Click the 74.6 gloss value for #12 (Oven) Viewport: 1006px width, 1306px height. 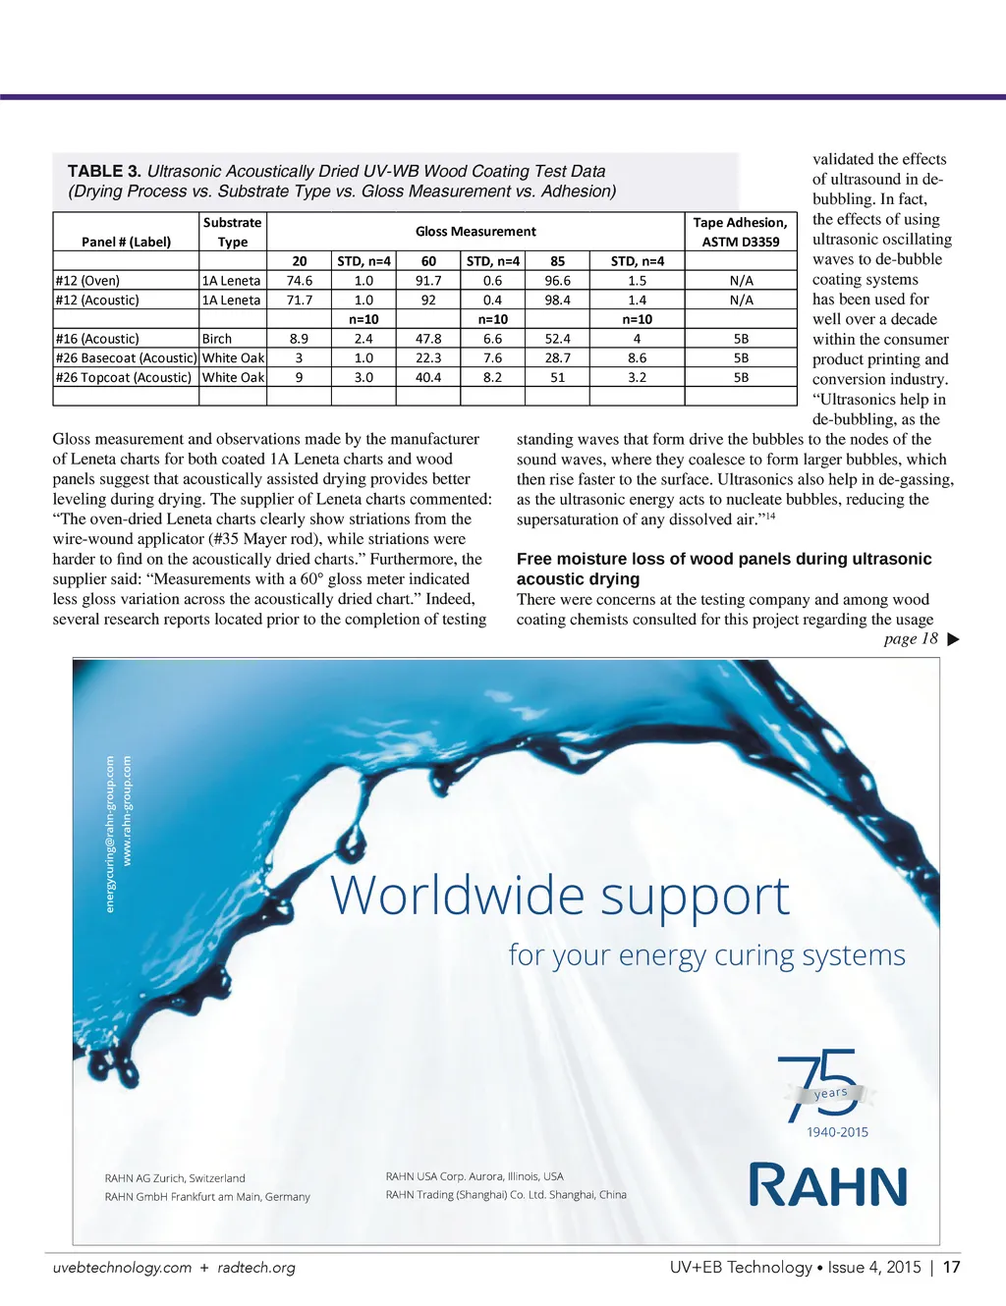click(x=299, y=281)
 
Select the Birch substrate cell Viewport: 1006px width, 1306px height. click(x=217, y=339)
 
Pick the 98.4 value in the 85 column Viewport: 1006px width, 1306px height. click(x=557, y=300)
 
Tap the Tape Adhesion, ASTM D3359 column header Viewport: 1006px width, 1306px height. click(x=740, y=232)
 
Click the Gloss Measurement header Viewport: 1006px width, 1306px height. click(x=475, y=232)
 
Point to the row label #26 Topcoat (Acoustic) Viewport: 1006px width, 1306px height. click(x=124, y=377)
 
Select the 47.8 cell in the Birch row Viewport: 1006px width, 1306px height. click(x=428, y=339)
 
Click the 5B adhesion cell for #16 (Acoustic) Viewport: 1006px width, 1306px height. click(x=741, y=339)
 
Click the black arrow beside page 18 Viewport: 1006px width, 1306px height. click(x=952, y=640)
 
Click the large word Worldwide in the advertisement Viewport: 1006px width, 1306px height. click(x=458, y=896)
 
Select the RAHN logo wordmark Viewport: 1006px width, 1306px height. click(x=828, y=1185)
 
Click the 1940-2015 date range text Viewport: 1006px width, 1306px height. click(x=837, y=1132)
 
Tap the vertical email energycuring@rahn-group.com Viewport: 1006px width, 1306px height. click(x=110, y=833)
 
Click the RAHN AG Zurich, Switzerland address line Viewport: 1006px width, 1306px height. click(x=175, y=1178)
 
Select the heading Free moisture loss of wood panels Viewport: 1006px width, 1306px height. click(x=724, y=560)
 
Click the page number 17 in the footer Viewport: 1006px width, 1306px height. click(x=951, y=1267)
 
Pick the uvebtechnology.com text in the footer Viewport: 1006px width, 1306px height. click(x=122, y=1268)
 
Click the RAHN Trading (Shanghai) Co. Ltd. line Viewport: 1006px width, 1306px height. click(x=506, y=1195)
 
